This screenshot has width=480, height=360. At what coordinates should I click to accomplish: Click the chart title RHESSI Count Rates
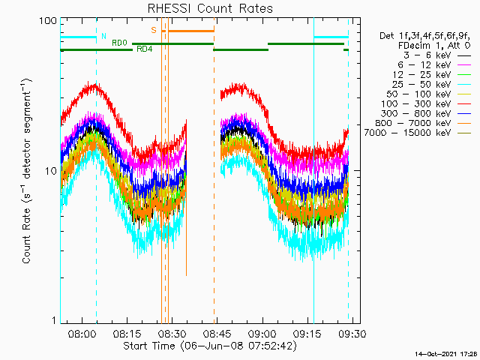coord(210,8)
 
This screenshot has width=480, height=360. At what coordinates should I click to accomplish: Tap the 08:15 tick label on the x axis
coord(127,333)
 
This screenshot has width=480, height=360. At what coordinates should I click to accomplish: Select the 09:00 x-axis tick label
coord(262,333)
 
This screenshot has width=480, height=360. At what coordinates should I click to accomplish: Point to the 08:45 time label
coord(217,333)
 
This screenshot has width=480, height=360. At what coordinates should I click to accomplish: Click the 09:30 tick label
coord(352,333)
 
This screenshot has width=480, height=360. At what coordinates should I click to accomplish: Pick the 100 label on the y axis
coord(48,21)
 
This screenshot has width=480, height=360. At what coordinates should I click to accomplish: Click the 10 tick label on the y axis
coord(51,171)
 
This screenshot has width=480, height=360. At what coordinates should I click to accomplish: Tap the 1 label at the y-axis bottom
coord(55,320)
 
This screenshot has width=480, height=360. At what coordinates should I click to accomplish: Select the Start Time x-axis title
coord(210,346)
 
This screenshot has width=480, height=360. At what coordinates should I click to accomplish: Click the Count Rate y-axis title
coord(27,171)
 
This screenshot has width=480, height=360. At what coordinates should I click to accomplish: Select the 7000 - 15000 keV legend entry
coord(418,133)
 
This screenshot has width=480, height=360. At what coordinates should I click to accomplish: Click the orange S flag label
coord(154,30)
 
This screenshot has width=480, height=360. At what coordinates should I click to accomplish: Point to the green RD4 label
coord(145,49)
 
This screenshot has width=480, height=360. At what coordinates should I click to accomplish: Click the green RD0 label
coord(119,43)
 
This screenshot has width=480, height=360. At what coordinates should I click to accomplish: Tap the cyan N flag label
coord(103,37)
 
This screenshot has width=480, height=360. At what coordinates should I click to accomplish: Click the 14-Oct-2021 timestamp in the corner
coord(446,354)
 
